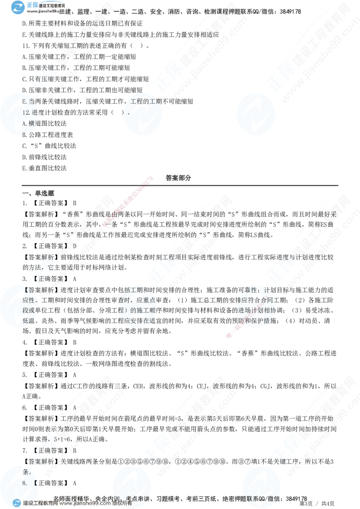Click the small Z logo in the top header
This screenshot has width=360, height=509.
(18, 7)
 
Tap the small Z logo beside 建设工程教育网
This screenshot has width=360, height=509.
(17, 503)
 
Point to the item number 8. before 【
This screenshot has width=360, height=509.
(25, 483)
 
